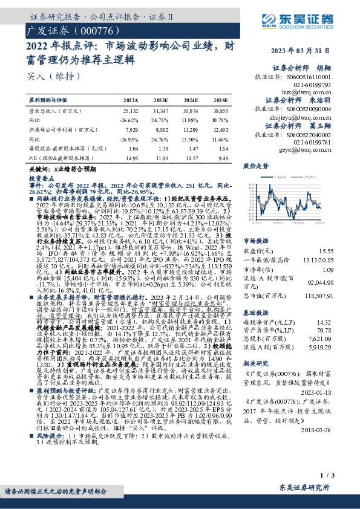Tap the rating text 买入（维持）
pyautogui.click(x=48, y=76)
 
